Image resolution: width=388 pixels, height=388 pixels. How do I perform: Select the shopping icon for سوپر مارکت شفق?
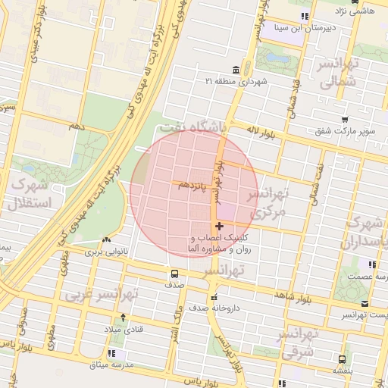tap(345, 119)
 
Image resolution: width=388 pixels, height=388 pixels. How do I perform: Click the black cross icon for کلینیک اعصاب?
tap(220, 226)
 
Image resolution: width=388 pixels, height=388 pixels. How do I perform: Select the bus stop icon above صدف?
tap(175, 274)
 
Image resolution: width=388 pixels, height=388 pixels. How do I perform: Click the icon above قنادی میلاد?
tap(124, 318)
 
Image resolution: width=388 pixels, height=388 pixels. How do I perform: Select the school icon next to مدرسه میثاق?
tap(112, 353)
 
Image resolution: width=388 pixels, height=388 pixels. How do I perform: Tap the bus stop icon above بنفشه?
tap(342, 359)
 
